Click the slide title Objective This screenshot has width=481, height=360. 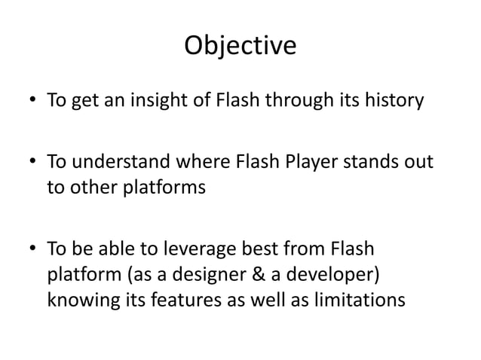[240, 47]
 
